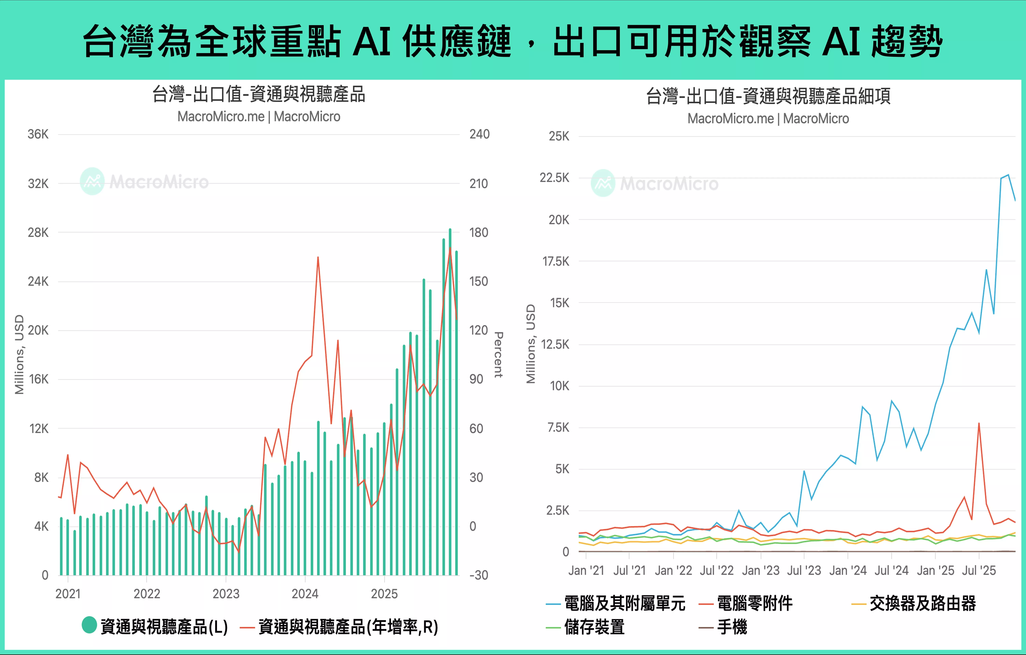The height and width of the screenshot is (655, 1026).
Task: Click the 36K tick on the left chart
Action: [x=38, y=135]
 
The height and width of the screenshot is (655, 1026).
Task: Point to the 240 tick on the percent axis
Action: [x=479, y=135]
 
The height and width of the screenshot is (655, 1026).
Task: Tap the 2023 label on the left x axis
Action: [x=226, y=594]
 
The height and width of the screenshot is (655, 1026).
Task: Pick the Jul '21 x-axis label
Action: [x=629, y=570]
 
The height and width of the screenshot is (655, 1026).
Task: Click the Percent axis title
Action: [x=499, y=355]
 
